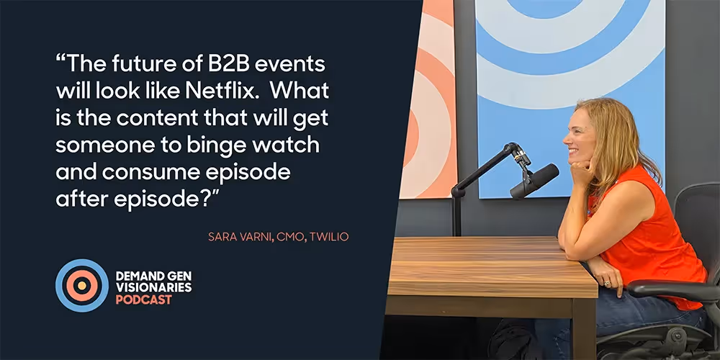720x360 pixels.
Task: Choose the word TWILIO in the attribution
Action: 328,237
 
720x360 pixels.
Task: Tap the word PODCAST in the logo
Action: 144,300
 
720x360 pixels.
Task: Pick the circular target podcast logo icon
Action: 82,286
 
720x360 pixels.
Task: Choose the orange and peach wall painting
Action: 428,101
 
